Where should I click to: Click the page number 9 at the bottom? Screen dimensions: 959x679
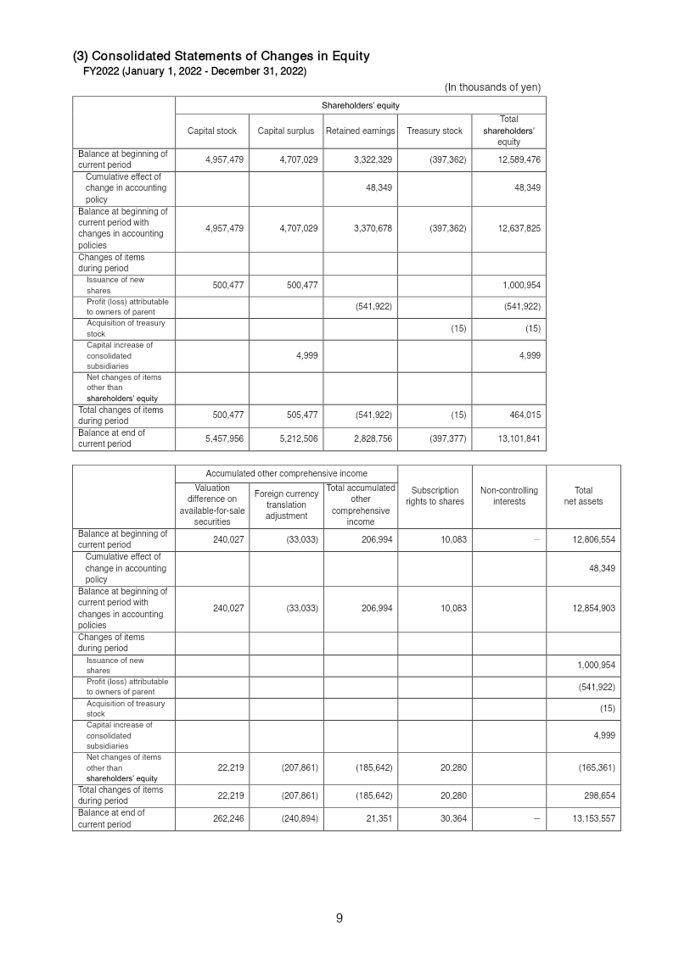pos(339,917)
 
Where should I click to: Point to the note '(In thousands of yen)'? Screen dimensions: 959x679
pos(492,87)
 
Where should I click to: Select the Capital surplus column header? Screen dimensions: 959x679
pos(286,131)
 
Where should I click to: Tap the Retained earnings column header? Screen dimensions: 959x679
pos(361,131)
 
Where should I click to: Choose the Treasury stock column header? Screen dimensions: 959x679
pos(435,131)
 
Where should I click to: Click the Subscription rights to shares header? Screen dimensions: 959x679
pos(435,496)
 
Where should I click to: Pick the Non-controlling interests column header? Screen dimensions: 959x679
pos(508,496)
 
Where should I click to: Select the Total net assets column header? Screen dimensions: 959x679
pos(583,496)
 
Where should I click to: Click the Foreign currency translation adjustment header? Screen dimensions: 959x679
pos(286,505)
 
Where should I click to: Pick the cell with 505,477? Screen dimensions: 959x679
pos(298,415)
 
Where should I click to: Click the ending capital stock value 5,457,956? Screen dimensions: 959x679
pos(224,438)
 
